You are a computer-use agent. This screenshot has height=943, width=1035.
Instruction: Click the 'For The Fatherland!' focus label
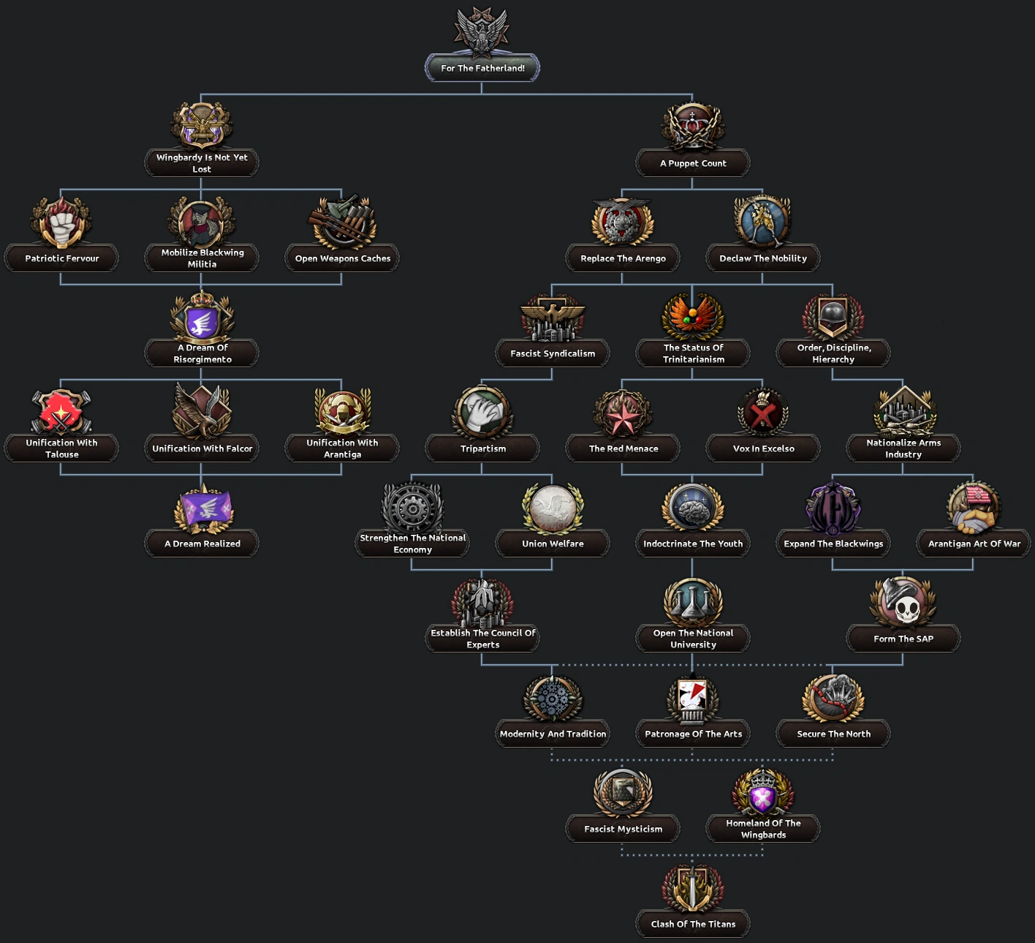click(x=482, y=68)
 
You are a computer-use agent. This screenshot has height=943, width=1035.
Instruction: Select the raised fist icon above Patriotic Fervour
click(x=62, y=222)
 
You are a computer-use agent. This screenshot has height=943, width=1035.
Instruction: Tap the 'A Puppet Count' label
click(x=693, y=163)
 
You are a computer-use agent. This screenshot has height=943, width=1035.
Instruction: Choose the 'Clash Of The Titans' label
click(x=693, y=924)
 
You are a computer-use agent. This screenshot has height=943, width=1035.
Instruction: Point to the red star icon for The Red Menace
click(x=623, y=414)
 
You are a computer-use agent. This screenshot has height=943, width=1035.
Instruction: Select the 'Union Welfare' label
click(x=553, y=544)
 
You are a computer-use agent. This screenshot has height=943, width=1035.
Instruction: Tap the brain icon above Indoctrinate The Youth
click(x=693, y=508)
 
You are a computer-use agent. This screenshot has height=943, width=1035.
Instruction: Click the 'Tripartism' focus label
click(x=482, y=448)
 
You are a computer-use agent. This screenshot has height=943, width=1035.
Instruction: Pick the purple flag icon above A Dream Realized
click(x=202, y=508)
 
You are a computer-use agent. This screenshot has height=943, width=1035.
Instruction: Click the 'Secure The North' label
click(x=833, y=734)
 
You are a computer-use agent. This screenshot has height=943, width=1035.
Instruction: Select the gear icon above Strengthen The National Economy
click(x=412, y=508)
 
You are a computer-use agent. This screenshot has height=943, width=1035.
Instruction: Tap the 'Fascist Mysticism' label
click(x=623, y=829)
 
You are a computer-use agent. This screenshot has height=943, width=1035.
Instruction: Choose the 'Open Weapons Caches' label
click(x=342, y=258)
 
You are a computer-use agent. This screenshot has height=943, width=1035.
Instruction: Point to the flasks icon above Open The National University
click(x=693, y=603)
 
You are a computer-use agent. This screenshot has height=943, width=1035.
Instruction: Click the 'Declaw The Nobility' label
click(x=763, y=258)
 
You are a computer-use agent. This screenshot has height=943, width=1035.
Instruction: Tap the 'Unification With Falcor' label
click(x=202, y=448)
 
